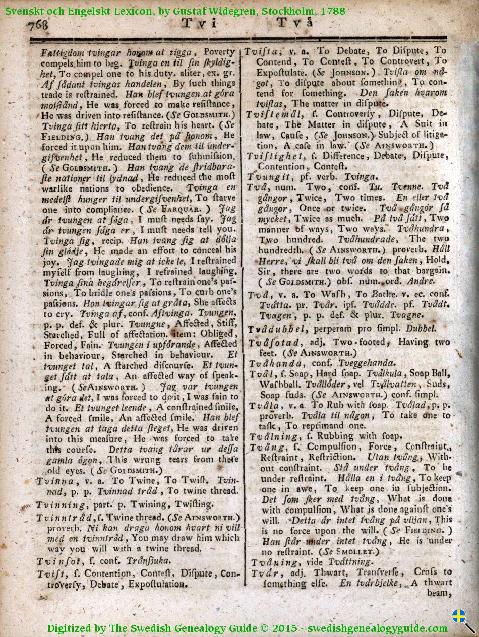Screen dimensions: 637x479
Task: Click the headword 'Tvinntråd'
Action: click(x=63, y=518)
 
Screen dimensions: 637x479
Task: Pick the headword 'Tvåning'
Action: click(x=270, y=562)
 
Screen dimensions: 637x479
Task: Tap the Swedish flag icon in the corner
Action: click(x=458, y=617)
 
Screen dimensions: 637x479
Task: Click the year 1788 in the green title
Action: click(x=333, y=10)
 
